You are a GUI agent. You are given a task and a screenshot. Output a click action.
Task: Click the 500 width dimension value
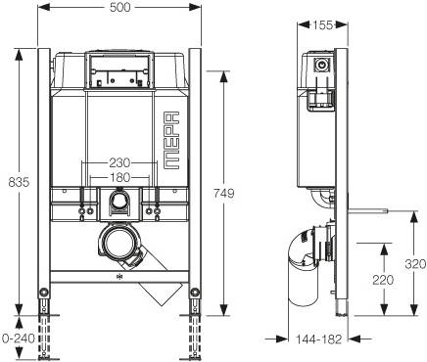pyautogui.click(x=119, y=7)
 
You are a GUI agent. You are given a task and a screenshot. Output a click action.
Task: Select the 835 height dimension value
pyautogui.click(x=19, y=182)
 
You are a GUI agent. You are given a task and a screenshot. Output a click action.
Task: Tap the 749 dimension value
pyautogui.click(x=223, y=194)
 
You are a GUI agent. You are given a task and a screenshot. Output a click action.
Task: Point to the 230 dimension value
pyautogui.click(x=119, y=162)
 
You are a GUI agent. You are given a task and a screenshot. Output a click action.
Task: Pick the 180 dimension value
pyautogui.click(x=119, y=178)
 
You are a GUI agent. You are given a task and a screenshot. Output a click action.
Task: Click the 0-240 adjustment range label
pyautogui.click(x=19, y=339)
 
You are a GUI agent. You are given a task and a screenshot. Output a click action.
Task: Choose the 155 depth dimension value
pyautogui.click(x=322, y=25)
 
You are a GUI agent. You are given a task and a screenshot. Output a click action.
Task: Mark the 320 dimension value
pyautogui.click(x=415, y=264)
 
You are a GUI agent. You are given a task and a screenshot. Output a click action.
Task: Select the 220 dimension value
pyautogui.click(x=383, y=280)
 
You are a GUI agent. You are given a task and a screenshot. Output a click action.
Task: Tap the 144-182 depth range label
pyautogui.click(x=318, y=339)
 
